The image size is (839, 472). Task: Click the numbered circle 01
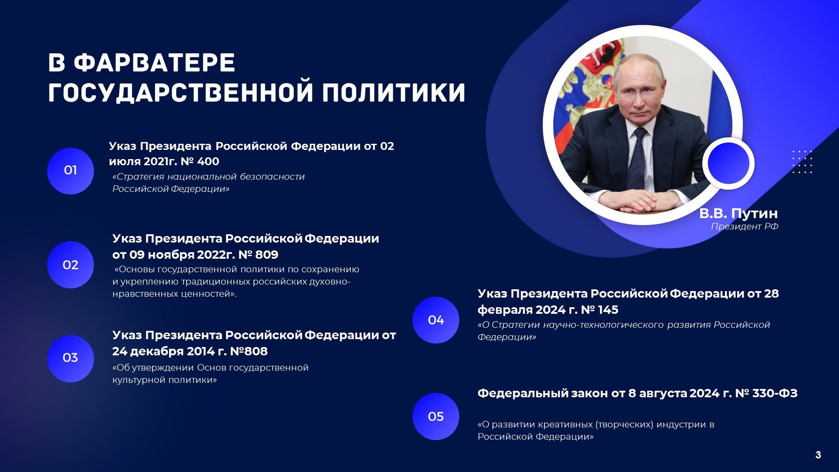[x=70, y=171]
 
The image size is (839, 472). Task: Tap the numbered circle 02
[x=70, y=265]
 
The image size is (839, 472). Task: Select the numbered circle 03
[x=70, y=358]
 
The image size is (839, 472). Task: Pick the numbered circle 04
[x=436, y=320]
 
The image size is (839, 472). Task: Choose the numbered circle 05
[x=436, y=416]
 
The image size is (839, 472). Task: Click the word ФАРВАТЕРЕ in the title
[x=155, y=63]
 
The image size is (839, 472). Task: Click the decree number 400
[x=208, y=161]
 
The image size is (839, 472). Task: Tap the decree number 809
[x=267, y=254]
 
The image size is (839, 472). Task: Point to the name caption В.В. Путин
[x=738, y=213]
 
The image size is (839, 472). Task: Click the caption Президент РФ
[x=745, y=226]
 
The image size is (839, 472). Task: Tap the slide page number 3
[x=818, y=455]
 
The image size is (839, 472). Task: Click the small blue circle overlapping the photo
[x=728, y=163]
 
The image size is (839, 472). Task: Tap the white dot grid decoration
[x=802, y=162]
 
